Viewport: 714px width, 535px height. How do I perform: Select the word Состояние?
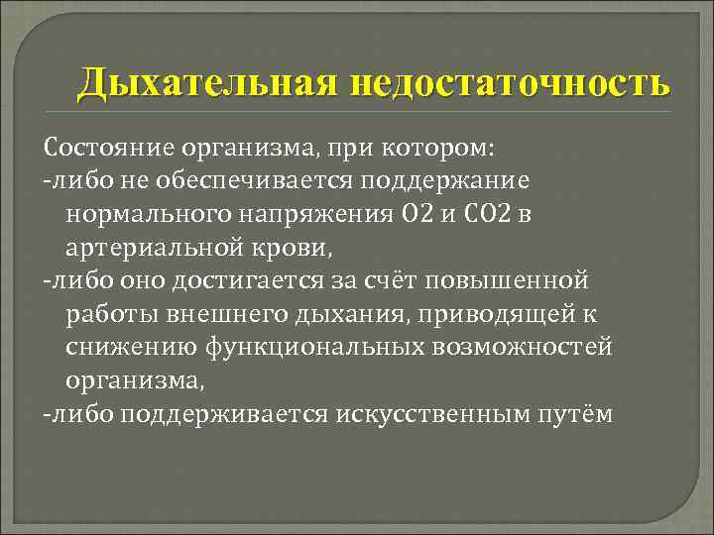tap(108, 150)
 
